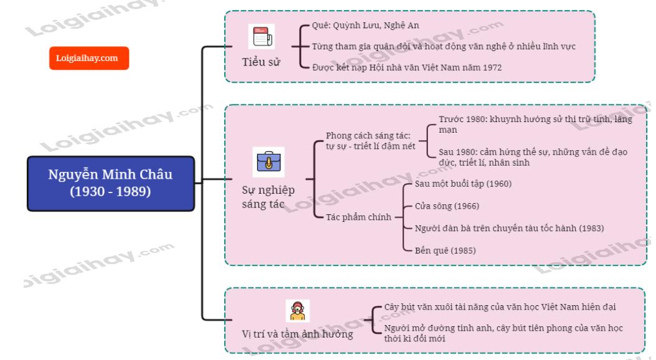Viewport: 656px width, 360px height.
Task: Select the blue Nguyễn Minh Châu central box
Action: pyautogui.click(x=111, y=183)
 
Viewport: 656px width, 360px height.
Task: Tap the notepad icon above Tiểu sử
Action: pyautogui.click(x=260, y=38)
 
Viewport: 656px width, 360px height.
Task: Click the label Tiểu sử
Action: pyautogui.click(x=260, y=62)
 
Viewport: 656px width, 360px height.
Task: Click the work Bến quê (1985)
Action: pyautogui.click(x=446, y=250)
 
